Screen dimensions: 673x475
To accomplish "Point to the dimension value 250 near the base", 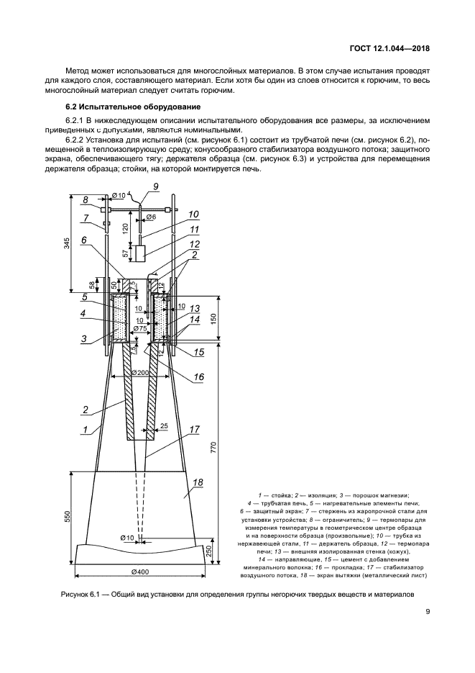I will (208, 550).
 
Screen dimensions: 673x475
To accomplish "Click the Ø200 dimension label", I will (142, 372).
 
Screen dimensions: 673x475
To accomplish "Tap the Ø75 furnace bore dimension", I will (140, 328).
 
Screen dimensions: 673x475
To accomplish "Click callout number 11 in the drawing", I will (195, 230).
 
